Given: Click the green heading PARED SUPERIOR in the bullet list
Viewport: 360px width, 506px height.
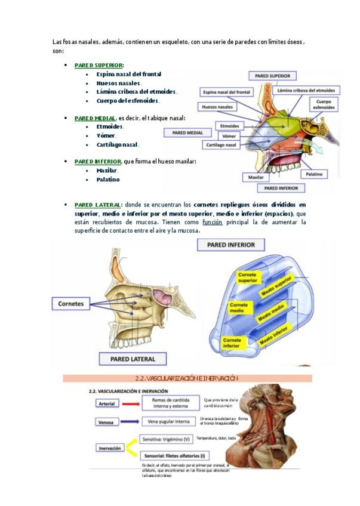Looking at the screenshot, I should [x=99, y=64].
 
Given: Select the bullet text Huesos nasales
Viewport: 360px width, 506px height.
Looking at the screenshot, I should [x=118, y=83].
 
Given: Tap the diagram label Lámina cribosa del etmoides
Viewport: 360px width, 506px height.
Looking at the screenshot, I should [x=306, y=90].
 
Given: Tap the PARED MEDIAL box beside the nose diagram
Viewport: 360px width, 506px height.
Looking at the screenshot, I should [x=187, y=132].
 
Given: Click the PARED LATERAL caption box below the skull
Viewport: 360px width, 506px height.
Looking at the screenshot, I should [x=132, y=359].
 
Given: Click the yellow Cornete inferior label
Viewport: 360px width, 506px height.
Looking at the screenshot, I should [x=231, y=343].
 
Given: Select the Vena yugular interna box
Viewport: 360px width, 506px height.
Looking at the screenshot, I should [x=165, y=422].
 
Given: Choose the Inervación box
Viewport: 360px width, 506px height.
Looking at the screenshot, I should [x=109, y=448].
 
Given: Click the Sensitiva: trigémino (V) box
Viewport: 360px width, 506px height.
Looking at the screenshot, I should [x=166, y=439].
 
